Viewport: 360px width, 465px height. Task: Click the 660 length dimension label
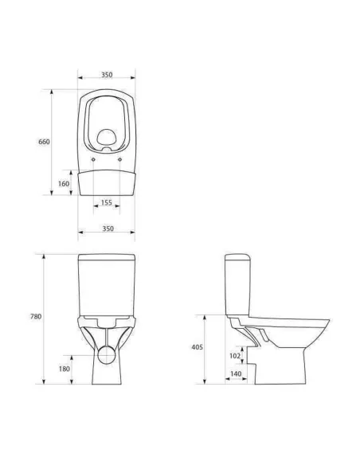click(x=44, y=142)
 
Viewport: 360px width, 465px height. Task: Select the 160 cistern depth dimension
click(x=64, y=184)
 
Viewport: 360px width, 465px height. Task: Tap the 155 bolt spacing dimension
click(x=107, y=202)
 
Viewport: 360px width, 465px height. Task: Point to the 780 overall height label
click(x=36, y=316)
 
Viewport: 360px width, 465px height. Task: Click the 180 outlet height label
click(x=65, y=369)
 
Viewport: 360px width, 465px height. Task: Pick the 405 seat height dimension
click(x=197, y=347)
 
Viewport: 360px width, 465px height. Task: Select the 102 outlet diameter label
click(x=235, y=355)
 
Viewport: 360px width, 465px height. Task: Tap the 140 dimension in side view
click(x=236, y=374)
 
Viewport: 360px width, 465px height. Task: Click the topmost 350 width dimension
click(x=107, y=74)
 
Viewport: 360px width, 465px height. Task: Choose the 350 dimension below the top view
click(x=108, y=229)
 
